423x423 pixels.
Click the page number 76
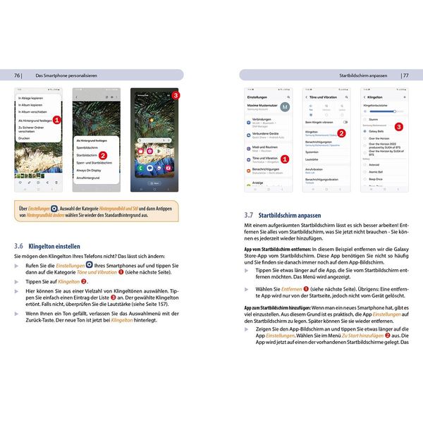click(x=17, y=75)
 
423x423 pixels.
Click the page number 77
click(x=405, y=75)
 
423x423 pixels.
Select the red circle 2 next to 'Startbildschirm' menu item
click(x=103, y=154)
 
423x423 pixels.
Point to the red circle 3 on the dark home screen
click(x=176, y=94)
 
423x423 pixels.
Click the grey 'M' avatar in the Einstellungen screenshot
click(x=284, y=106)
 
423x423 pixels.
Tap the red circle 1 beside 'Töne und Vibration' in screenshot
click(x=284, y=159)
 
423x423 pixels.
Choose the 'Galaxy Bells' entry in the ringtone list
click(x=377, y=131)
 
